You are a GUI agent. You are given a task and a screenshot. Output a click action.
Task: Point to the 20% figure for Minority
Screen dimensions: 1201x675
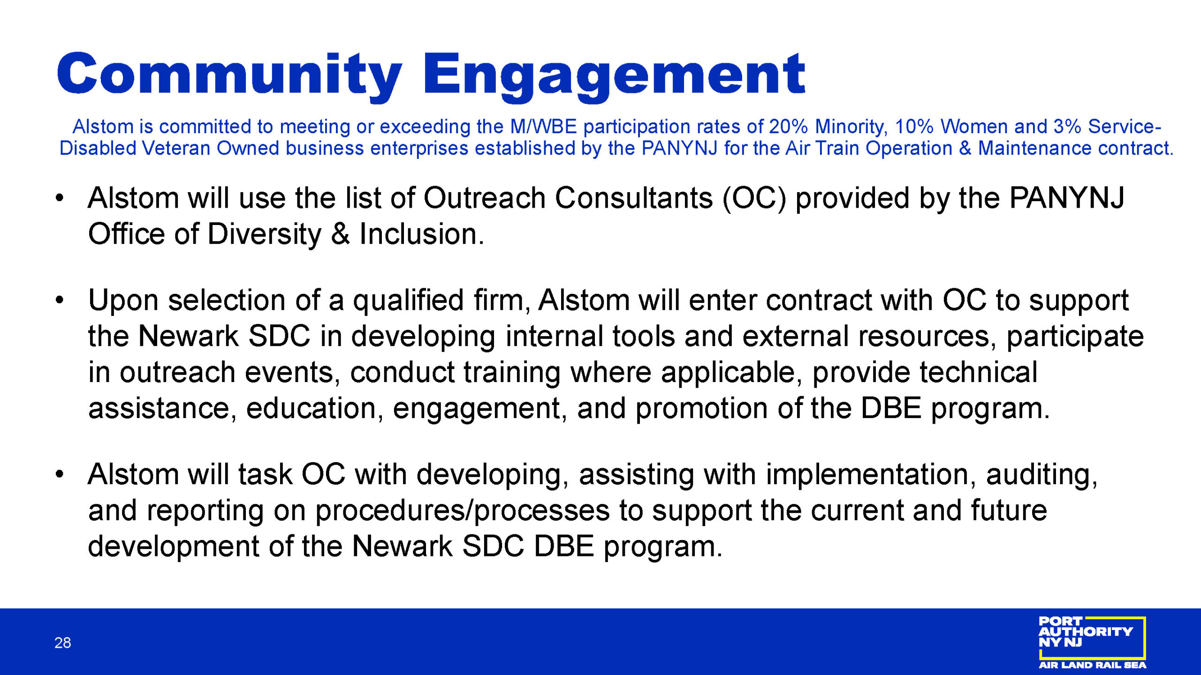point(788,127)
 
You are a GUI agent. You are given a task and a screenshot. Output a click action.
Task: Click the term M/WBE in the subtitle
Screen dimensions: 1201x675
point(543,127)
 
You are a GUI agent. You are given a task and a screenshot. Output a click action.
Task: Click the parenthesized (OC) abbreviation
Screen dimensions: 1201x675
point(754,198)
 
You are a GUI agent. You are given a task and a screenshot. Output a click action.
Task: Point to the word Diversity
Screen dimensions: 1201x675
point(264,234)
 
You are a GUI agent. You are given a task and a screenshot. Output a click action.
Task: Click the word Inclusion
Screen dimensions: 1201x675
point(418,234)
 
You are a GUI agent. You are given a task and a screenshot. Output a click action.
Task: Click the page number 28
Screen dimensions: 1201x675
point(63,643)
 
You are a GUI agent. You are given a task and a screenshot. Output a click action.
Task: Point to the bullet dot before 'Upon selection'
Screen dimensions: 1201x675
point(59,300)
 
